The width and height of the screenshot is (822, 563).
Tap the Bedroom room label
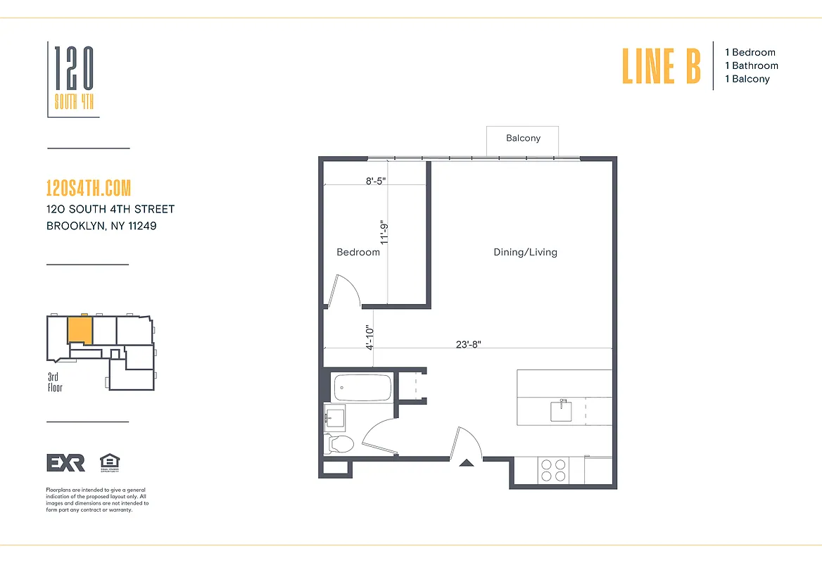click(x=358, y=252)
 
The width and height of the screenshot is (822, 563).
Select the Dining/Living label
click(x=525, y=252)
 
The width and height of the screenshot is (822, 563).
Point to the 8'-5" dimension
click(x=376, y=180)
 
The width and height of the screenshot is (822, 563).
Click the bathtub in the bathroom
click(x=362, y=387)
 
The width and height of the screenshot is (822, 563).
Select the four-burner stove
click(x=553, y=470)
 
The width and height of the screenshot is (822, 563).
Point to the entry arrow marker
click(x=466, y=463)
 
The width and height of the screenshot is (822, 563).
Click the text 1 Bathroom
click(x=752, y=65)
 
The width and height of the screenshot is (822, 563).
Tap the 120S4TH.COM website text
click(x=88, y=189)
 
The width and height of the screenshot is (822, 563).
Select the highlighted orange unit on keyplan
click(x=80, y=329)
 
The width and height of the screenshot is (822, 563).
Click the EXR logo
click(x=65, y=462)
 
